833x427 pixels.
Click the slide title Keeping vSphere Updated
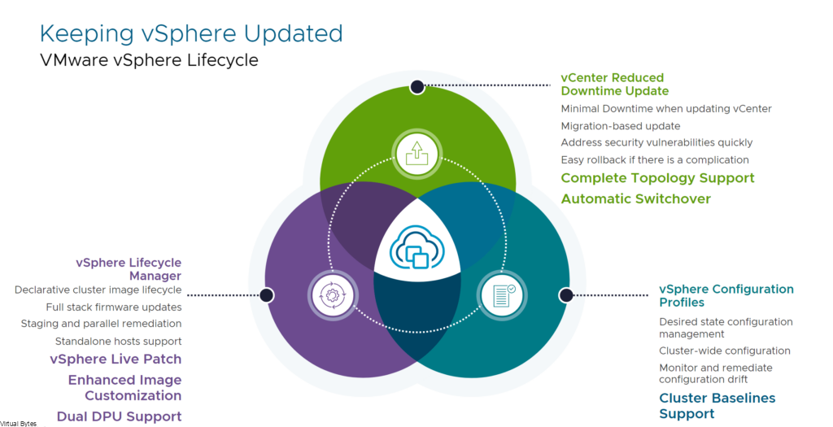click(191, 33)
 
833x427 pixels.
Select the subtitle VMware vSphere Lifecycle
click(150, 60)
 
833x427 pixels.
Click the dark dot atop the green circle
click(417, 86)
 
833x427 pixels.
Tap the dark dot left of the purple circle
click(267, 295)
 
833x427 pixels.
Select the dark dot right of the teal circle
click(566, 295)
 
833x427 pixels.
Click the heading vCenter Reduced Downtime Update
click(615, 85)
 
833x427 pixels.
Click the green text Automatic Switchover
click(636, 198)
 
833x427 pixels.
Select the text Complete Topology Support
click(657, 178)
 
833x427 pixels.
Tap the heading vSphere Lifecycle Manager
click(129, 269)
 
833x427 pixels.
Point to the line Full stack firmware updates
click(114, 307)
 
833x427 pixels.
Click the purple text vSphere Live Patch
click(116, 359)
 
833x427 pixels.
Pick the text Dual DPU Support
click(119, 416)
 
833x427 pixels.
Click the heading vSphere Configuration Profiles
click(726, 296)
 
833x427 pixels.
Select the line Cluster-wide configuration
click(725, 351)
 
